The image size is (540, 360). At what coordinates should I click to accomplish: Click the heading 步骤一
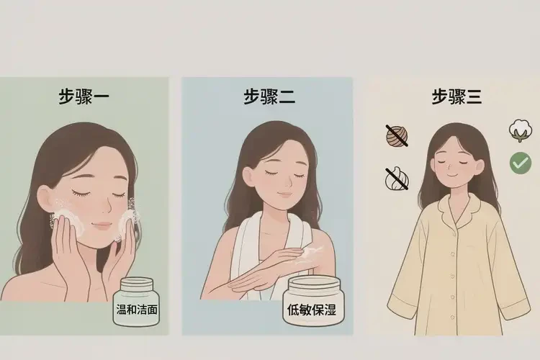[x=84, y=96]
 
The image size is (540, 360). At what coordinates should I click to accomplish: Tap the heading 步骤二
[x=269, y=96]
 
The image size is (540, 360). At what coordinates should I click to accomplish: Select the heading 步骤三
[x=456, y=96]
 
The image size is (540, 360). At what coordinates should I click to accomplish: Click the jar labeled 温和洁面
[x=137, y=302]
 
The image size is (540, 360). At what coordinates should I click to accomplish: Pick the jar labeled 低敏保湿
[x=313, y=301]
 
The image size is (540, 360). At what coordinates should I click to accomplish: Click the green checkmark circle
[x=521, y=163]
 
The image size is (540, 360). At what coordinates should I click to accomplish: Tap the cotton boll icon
[x=521, y=130]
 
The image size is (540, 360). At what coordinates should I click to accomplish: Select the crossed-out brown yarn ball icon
[x=397, y=136]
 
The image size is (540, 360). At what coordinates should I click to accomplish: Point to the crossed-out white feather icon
[x=397, y=179]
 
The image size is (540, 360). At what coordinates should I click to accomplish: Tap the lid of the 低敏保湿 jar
[x=314, y=284]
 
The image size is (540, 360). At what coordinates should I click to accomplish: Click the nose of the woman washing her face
[x=107, y=207]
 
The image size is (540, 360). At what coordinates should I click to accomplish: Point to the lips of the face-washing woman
[x=102, y=225]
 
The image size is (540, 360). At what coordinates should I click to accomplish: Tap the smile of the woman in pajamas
[x=453, y=175]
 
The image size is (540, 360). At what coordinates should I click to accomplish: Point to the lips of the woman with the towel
[x=285, y=193]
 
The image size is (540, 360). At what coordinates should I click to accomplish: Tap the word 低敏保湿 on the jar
[x=312, y=310]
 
